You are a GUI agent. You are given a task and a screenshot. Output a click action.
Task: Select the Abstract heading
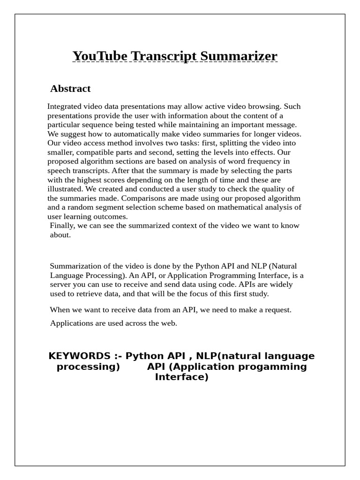pos(70,89)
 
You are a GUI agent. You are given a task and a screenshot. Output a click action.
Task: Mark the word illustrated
pos(65,189)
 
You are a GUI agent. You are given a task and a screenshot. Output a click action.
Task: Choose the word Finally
pos(62,225)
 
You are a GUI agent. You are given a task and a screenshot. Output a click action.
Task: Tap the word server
pos(61,285)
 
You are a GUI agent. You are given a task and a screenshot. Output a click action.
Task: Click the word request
pos(277,310)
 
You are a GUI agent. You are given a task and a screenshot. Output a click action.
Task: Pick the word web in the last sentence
pos(170,323)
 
